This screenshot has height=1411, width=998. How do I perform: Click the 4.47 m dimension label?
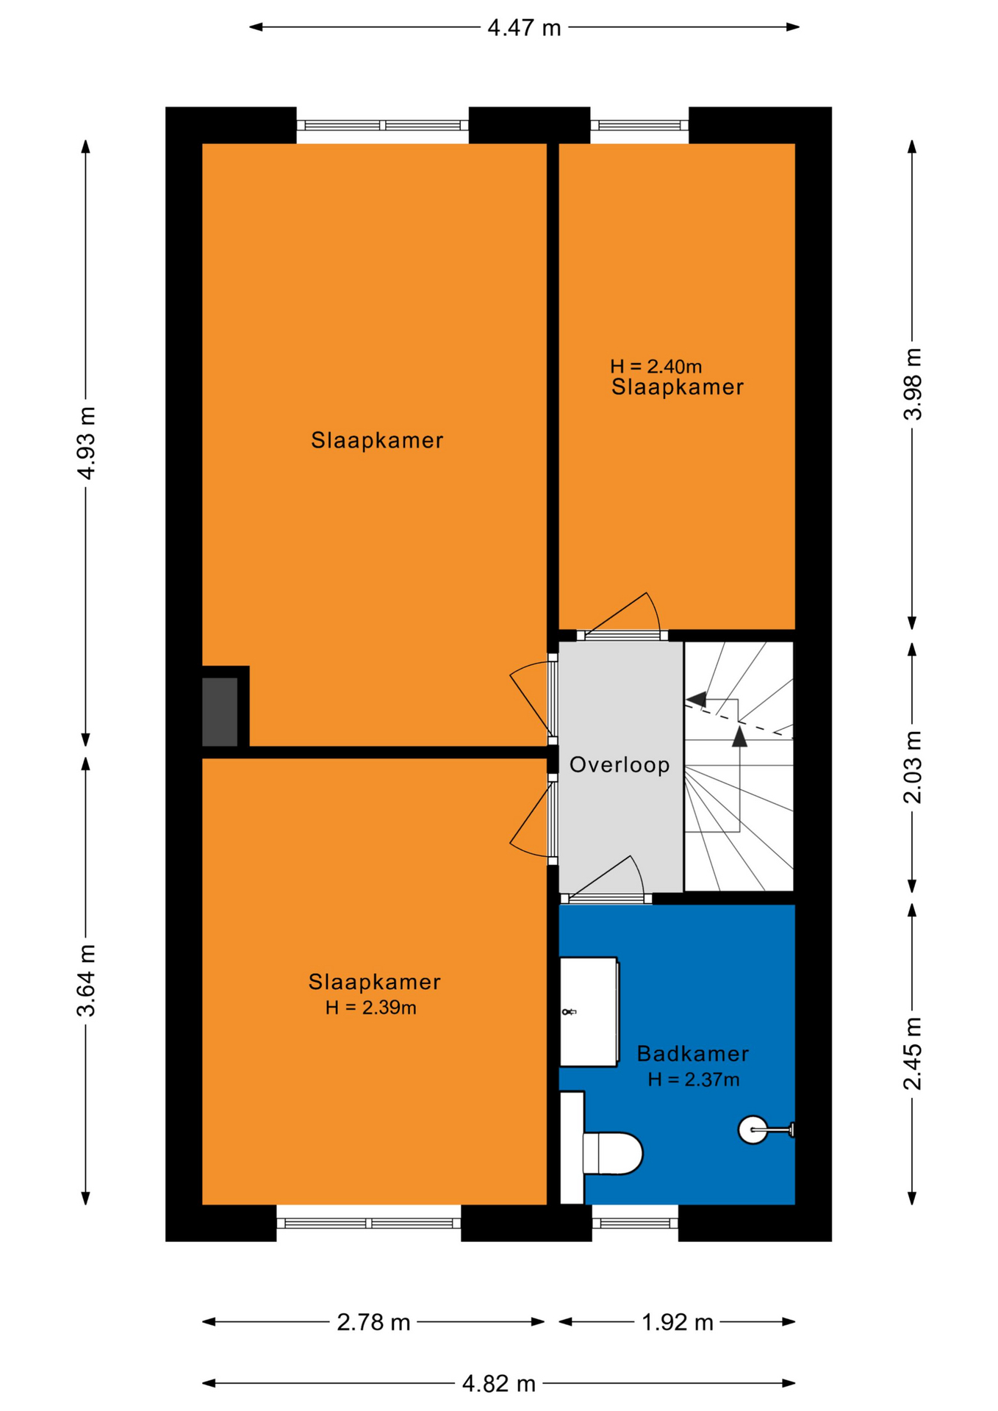(x=524, y=28)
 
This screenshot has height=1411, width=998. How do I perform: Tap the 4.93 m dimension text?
(x=87, y=442)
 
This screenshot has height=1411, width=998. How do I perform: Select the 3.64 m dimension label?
(x=87, y=980)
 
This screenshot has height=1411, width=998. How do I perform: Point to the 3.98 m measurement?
(x=912, y=384)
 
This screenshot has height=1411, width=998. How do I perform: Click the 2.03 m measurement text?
(x=912, y=767)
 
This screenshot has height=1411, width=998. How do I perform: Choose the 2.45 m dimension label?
(x=912, y=1054)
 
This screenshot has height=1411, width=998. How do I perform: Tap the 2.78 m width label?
(x=373, y=1322)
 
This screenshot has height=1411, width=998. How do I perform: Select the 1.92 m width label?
(x=678, y=1322)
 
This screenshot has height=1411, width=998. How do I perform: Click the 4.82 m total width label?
(x=499, y=1384)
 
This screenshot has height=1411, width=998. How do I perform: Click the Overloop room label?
(x=620, y=765)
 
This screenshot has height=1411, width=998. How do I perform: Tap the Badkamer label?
(x=692, y=1054)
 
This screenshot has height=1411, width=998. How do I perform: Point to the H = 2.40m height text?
(x=656, y=366)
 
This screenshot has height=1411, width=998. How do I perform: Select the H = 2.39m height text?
(x=371, y=1008)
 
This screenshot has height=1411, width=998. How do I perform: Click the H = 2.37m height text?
(x=693, y=1080)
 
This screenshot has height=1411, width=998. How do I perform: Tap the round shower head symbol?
(x=753, y=1130)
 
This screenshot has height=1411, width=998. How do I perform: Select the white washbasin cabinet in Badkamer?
(x=589, y=1012)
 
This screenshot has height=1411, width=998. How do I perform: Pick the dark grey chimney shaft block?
(x=220, y=712)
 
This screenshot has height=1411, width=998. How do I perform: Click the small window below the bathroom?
(x=635, y=1223)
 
